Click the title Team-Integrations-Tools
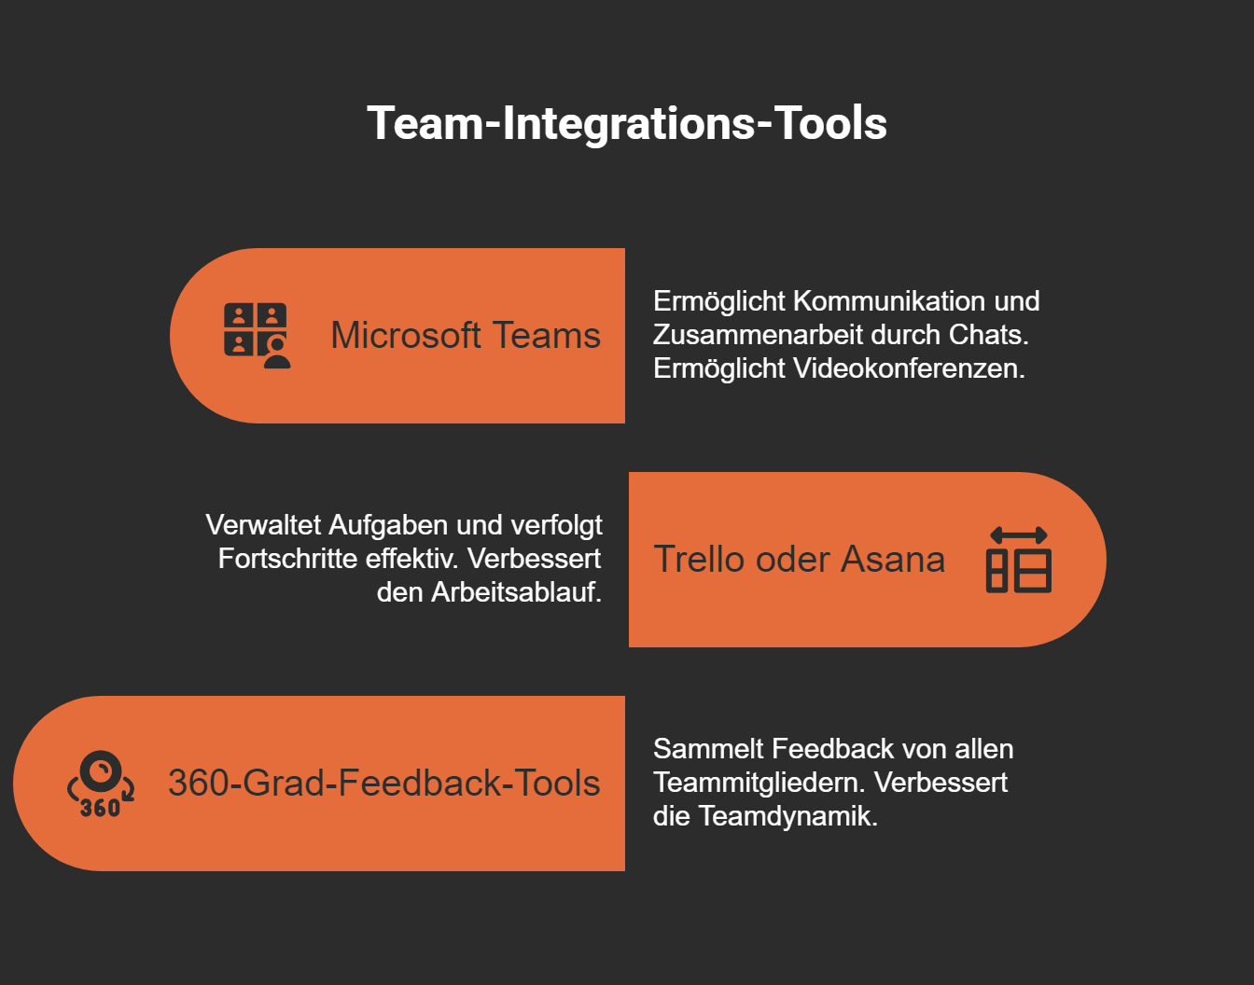click(626, 123)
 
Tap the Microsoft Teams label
click(466, 336)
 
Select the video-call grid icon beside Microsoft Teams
click(257, 336)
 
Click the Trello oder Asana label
click(799, 560)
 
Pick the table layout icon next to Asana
click(1018, 560)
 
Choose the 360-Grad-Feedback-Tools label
click(383, 784)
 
